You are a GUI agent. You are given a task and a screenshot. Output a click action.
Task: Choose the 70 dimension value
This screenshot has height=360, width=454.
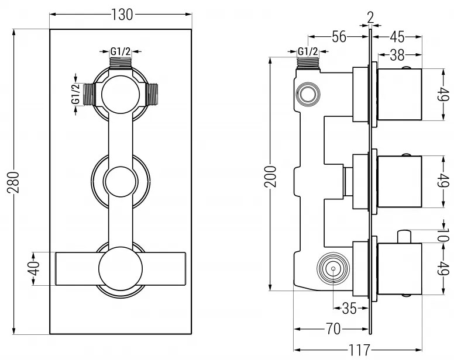(332, 329)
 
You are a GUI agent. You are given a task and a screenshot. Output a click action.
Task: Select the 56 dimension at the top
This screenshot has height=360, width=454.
(339, 36)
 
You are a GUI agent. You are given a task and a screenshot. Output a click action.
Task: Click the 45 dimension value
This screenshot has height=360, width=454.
(398, 36)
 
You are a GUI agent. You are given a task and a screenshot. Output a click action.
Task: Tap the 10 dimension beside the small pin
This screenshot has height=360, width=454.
(443, 236)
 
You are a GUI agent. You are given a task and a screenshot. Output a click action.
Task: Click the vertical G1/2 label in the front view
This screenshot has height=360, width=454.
(75, 95)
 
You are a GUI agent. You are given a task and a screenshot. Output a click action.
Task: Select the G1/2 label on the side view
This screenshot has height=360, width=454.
(308, 51)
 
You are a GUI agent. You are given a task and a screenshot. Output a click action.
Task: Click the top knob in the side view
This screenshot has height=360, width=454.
(400, 94)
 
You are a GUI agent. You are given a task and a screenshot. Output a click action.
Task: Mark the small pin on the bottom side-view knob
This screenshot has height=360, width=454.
(403, 236)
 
